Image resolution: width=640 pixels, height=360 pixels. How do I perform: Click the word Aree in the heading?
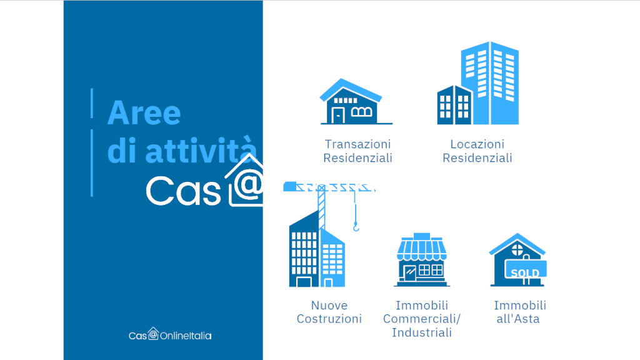pos(144,112)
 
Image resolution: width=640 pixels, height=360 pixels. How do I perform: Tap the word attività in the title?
pos(201,150)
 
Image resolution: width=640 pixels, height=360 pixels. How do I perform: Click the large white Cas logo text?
pos(183,191)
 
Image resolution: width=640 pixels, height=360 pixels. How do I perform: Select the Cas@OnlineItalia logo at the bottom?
pos(170,334)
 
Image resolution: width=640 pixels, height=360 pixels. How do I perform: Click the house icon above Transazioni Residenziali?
pos(356,102)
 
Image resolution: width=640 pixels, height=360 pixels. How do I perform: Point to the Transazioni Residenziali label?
pos(357,151)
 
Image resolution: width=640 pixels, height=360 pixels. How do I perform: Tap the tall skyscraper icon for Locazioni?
pos(490,83)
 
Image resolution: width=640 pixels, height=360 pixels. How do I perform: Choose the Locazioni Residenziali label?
pos(477,151)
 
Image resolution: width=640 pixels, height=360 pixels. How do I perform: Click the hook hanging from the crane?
pos(356,226)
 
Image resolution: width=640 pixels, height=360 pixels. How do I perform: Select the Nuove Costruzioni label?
pos(329,312)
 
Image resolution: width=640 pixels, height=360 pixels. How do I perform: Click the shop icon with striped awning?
pos(422,260)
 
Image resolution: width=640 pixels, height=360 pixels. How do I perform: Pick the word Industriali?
pos(422,332)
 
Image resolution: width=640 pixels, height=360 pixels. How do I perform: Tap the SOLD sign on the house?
pos(525,270)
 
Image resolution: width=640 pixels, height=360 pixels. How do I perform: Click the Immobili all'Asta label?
pos(519,312)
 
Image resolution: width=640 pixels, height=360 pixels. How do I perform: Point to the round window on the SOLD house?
pos(517,249)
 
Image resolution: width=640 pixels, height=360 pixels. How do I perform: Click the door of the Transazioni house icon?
pos(338,115)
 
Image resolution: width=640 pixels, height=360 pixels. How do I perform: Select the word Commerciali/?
pos(422,319)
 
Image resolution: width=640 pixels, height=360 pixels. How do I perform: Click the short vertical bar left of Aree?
pos(92,103)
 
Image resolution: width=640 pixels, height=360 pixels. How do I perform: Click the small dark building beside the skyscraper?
pos(454,105)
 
